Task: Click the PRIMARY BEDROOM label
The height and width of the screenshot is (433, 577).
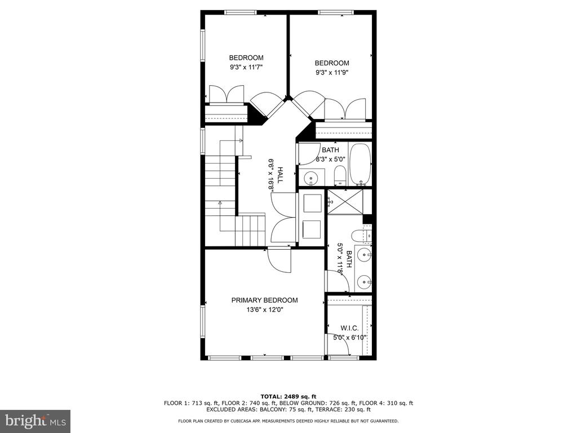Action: [x=264, y=300]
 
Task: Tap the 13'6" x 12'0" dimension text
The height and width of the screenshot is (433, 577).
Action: [x=265, y=310]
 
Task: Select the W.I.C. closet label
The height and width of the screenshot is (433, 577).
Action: [x=349, y=328]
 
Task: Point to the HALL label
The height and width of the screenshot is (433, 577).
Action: [x=280, y=175]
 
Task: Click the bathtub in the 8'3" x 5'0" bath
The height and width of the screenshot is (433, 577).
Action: [x=360, y=164]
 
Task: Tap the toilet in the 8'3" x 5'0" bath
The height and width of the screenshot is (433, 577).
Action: [x=340, y=175]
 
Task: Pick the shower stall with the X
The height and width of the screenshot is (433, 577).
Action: [x=345, y=202]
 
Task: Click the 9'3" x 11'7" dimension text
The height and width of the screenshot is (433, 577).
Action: [x=246, y=67]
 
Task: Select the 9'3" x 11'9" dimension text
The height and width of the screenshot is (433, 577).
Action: [x=331, y=73]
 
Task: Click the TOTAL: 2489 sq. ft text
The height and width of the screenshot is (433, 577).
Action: [x=288, y=396]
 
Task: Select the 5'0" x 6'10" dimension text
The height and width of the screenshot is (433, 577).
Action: [x=350, y=337]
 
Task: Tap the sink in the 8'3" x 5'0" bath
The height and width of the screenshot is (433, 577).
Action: [x=311, y=179]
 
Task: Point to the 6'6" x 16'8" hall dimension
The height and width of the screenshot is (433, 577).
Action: [x=272, y=175]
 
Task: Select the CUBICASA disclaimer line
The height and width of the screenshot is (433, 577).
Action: [x=288, y=421]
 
